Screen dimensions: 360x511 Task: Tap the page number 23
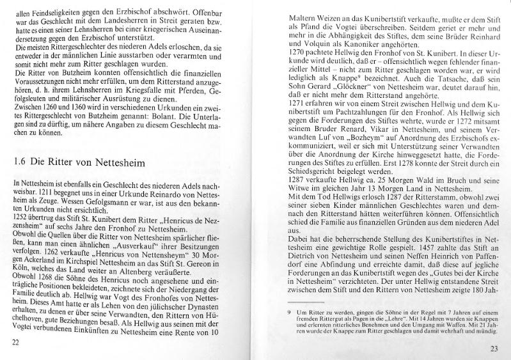[x=493, y=348]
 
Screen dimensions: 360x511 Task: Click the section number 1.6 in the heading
[x=19, y=161]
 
